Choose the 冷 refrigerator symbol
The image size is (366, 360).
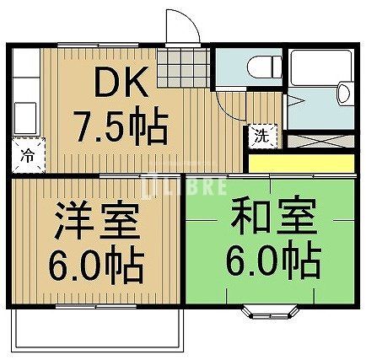(x=28, y=155)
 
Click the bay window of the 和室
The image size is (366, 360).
(x=270, y=312)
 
